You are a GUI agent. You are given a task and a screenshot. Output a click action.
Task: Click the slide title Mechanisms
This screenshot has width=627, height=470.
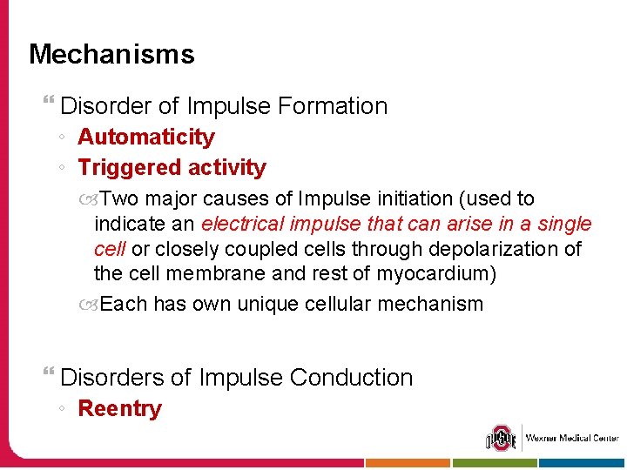click(x=111, y=54)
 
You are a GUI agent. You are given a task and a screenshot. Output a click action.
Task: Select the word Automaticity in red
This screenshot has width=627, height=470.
click(x=146, y=137)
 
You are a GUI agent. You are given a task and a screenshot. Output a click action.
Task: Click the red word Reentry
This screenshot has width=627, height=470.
click(x=119, y=408)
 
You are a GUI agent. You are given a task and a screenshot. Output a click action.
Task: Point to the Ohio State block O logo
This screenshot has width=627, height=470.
click(x=502, y=437)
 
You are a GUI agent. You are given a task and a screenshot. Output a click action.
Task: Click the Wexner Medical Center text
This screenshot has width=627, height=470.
click(x=571, y=438)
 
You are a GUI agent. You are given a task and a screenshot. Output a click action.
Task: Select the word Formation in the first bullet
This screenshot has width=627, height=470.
click(x=332, y=106)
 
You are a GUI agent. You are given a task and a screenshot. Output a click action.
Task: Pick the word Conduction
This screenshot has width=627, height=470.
click(x=351, y=378)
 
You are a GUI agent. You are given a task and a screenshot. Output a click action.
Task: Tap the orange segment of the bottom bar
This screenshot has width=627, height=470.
click(x=408, y=464)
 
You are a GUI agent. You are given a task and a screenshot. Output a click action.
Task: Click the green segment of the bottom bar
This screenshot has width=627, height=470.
click(x=495, y=464)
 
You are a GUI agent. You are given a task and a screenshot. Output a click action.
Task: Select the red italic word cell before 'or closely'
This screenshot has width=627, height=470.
click(x=109, y=249)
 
